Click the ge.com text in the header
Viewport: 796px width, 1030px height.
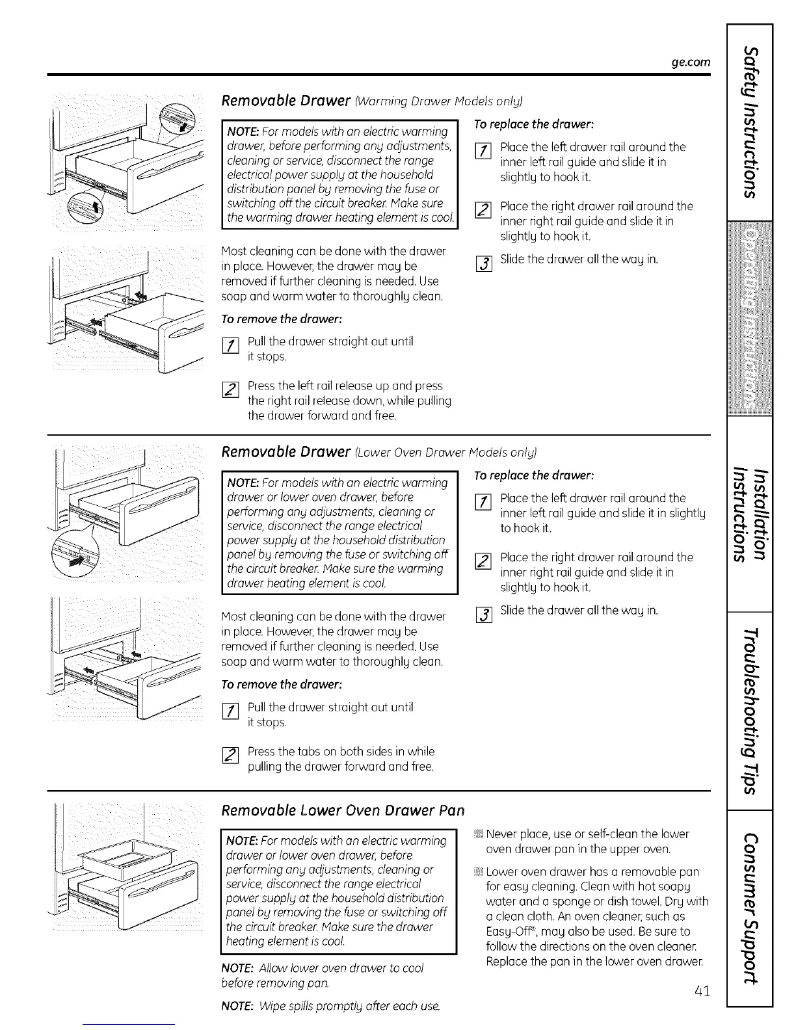click(x=691, y=62)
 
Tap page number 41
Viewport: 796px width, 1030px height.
click(x=700, y=991)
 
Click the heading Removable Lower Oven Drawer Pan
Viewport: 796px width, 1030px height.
click(x=343, y=811)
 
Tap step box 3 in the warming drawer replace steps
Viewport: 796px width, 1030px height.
click(x=482, y=264)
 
